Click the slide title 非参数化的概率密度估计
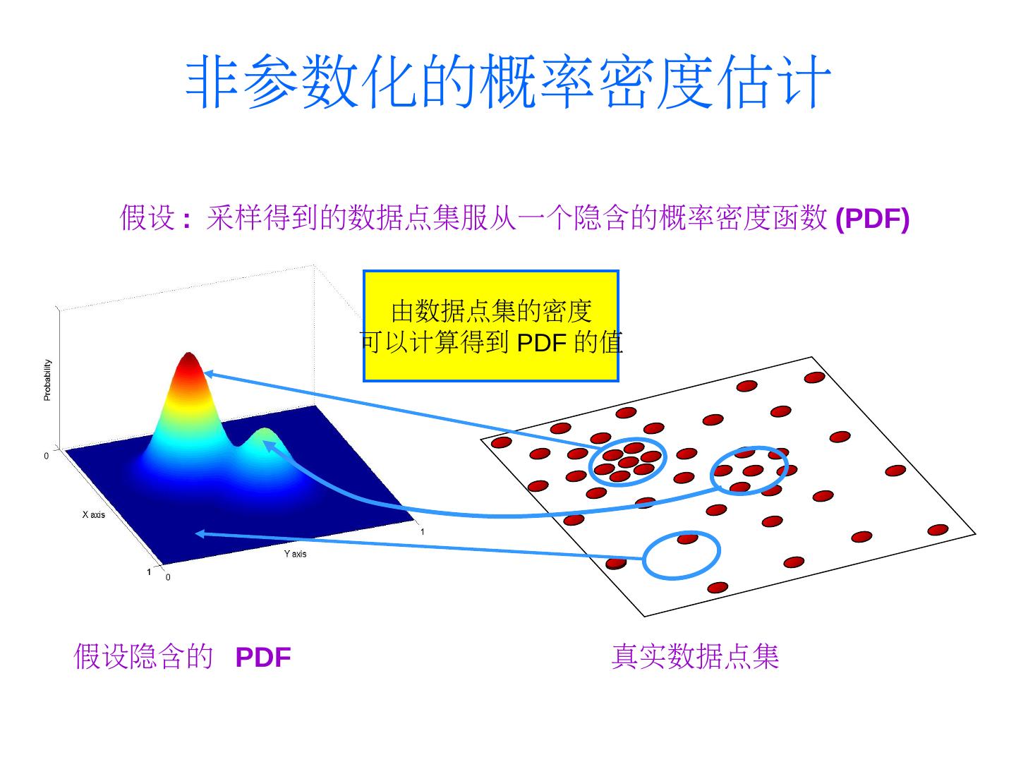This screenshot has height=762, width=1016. coord(508,83)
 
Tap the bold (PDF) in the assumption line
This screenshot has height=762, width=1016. coord(872,219)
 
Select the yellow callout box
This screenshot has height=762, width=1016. coord(490,325)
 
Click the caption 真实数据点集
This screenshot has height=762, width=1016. coord(695,656)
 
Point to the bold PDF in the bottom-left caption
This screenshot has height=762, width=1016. coord(263,658)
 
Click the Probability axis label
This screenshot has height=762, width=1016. coord(47,380)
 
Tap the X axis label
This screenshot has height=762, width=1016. coord(93,514)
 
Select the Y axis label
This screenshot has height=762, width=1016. coord(295,554)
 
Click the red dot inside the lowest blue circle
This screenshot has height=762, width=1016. coord(687,539)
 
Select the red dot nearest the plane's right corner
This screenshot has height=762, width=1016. coord(938,530)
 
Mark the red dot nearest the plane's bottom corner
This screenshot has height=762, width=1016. coord(718,587)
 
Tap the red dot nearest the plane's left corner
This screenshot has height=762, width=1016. coord(501,442)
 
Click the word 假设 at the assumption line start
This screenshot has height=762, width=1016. coord(147,217)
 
